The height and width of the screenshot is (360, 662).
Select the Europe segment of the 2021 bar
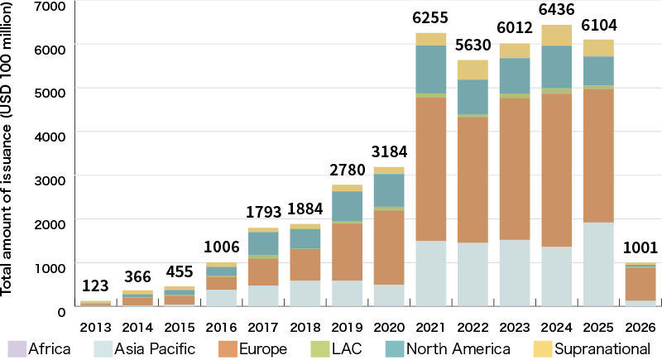click(430, 169)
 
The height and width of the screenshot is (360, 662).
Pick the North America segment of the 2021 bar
click(430, 70)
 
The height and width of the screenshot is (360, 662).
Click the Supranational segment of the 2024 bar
click(556, 35)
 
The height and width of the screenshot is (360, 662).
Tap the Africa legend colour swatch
click(16, 348)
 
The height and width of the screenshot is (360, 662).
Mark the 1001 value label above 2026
click(640, 247)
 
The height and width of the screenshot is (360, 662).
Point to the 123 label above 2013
click(95, 287)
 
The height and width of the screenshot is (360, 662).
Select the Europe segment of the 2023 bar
click(515, 169)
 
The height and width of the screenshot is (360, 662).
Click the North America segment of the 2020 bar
click(389, 190)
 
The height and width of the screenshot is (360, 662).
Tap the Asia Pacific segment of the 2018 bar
click(305, 293)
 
